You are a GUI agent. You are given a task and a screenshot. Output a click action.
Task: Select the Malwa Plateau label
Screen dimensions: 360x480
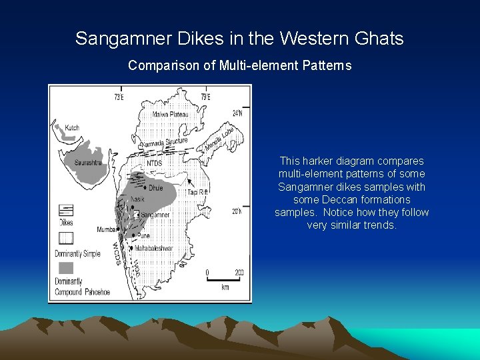(x=171, y=115)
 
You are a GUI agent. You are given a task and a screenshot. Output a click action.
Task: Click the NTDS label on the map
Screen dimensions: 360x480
(x=154, y=163)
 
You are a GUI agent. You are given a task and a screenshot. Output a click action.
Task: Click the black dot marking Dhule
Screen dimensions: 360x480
(x=145, y=188)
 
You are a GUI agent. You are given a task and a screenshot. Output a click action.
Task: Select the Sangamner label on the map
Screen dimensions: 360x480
(x=155, y=215)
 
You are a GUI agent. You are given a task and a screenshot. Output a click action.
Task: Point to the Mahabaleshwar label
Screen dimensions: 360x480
(x=155, y=248)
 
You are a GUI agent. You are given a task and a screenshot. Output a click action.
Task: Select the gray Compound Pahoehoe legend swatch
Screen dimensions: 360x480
(x=65, y=268)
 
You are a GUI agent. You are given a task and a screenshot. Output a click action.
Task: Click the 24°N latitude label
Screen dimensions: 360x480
(x=238, y=113)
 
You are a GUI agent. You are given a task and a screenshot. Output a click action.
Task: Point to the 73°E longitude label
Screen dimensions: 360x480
(x=119, y=97)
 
